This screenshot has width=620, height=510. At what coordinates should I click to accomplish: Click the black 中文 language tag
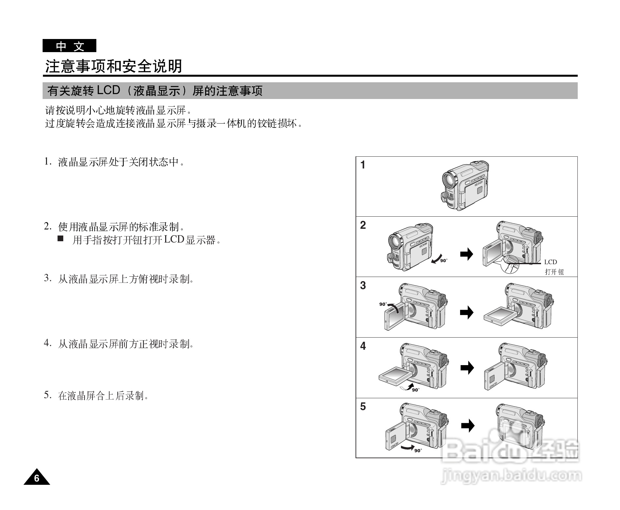pyautogui.click(x=69, y=46)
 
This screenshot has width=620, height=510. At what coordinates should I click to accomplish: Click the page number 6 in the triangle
pyautogui.click(x=37, y=479)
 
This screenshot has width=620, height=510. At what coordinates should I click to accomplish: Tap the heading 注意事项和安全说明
pyautogui.click(x=113, y=67)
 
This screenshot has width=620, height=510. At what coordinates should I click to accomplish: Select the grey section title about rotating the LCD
pyautogui.click(x=155, y=91)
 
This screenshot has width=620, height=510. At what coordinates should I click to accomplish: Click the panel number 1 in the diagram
pyautogui.click(x=363, y=165)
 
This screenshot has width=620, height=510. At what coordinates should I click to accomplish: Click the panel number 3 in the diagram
pyautogui.click(x=363, y=285)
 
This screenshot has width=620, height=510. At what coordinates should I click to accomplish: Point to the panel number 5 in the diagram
pyautogui.click(x=363, y=406)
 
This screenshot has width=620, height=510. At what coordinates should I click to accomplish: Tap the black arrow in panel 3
pyautogui.click(x=467, y=312)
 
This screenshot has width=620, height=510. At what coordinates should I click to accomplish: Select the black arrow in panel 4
pyautogui.click(x=467, y=368)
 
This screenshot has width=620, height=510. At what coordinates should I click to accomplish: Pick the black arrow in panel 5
pyautogui.click(x=468, y=426)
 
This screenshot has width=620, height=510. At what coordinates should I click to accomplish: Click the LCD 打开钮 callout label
pyautogui.click(x=553, y=267)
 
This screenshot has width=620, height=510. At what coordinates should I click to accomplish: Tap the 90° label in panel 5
pyautogui.click(x=418, y=451)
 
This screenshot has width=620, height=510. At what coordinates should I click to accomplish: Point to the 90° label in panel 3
pyautogui.click(x=383, y=304)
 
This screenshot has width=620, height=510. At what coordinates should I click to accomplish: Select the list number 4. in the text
pyautogui.click(x=48, y=343)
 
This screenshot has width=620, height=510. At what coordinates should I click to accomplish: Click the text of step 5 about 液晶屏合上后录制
pyautogui.click(x=103, y=396)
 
